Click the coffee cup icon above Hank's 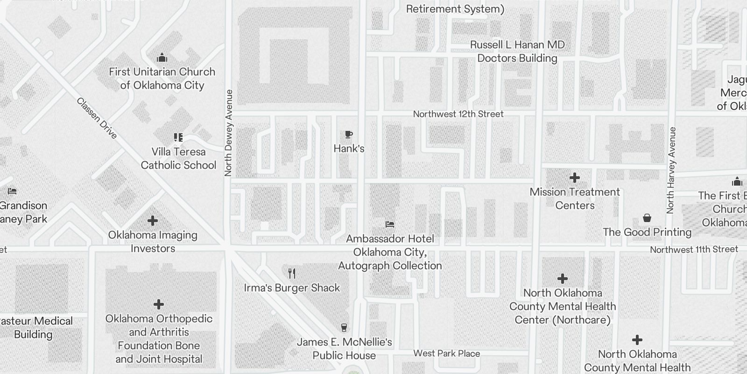click(x=348, y=135)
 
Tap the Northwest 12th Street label click(x=458, y=114)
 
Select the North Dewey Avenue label click(x=228, y=133)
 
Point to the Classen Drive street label click(x=97, y=118)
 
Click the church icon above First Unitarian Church click(x=162, y=58)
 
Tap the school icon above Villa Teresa click(x=178, y=137)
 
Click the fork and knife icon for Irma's click(x=292, y=273)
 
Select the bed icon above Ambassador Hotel click(x=390, y=224)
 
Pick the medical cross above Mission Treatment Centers click(x=575, y=178)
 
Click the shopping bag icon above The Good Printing click(x=647, y=218)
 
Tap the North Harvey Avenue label click(x=672, y=170)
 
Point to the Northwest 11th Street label click(x=694, y=250)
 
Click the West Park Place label click(x=447, y=353)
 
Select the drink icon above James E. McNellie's click(x=345, y=327)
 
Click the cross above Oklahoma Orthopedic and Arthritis click(x=159, y=304)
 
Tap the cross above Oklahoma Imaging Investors click(x=153, y=221)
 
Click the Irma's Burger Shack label click(x=292, y=288)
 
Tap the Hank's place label click(x=349, y=149)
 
